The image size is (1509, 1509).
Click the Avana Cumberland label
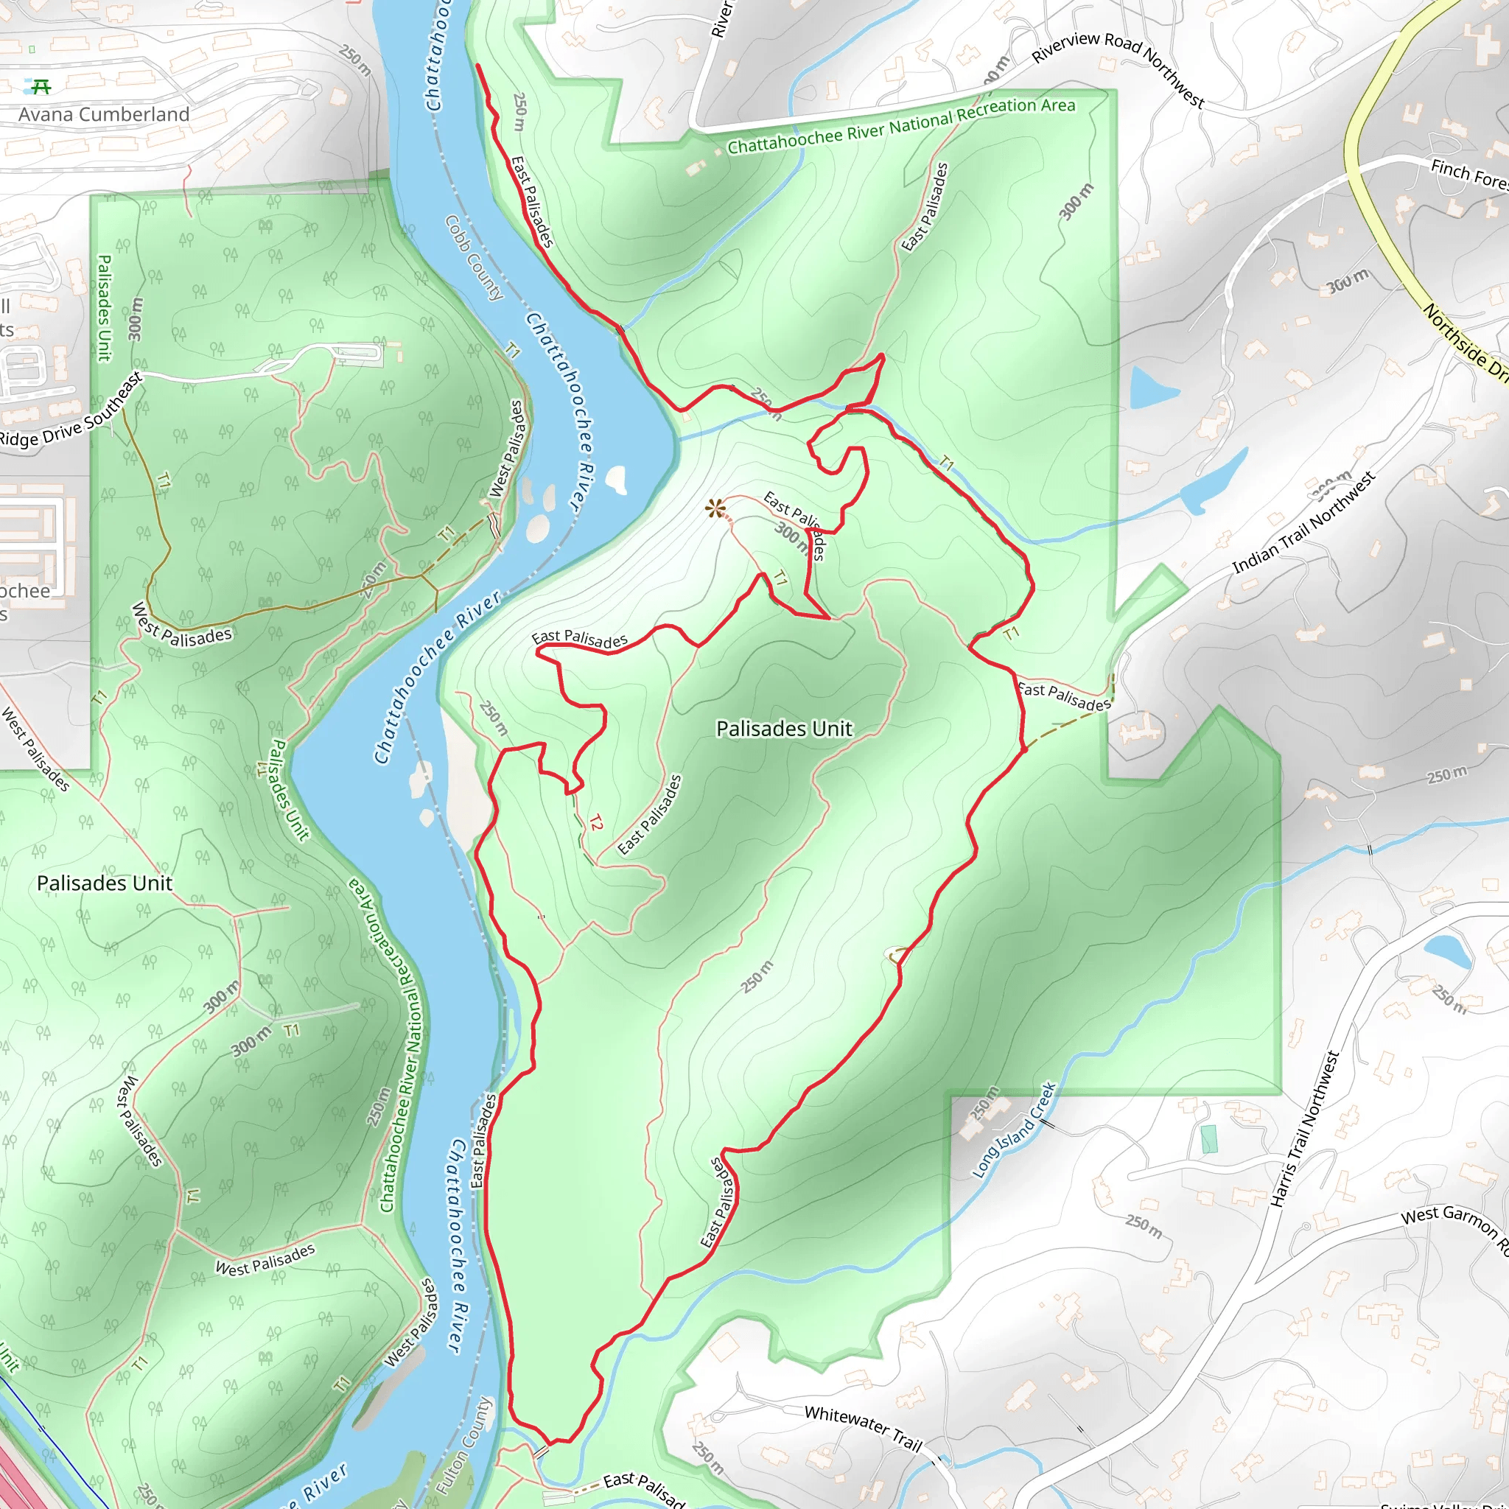(104, 115)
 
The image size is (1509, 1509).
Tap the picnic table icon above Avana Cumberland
(41, 86)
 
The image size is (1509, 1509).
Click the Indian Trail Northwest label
(1303, 522)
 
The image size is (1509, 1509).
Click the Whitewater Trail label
(863, 1427)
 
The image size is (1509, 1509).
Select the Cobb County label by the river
(474, 258)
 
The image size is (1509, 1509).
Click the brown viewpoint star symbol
(715, 508)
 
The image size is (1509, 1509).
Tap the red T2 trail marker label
(596, 822)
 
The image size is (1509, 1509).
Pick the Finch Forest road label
(1468, 173)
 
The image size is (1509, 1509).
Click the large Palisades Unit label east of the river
(784, 729)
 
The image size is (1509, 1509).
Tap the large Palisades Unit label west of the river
(105, 883)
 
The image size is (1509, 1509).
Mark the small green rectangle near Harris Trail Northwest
(1209, 1139)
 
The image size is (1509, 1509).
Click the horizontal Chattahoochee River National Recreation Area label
(901, 126)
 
